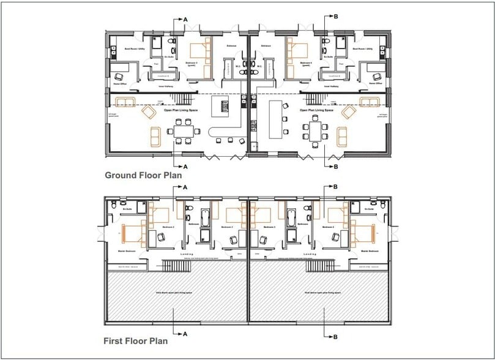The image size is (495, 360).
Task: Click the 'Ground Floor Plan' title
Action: tap(143, 175)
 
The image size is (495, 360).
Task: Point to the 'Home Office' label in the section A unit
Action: tap(120, 84)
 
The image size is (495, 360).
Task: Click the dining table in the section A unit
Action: tap(184, 131)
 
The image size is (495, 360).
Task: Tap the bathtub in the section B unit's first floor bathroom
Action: tap(290, 217)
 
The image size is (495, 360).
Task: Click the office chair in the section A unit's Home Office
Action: tap(120, 76)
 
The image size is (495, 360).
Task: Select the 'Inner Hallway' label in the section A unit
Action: tap(167, 86)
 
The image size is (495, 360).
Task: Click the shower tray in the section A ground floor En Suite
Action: tap(155, 43)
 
